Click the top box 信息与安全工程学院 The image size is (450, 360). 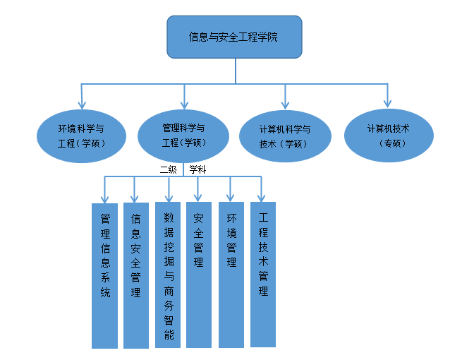235,37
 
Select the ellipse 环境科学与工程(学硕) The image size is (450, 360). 83,136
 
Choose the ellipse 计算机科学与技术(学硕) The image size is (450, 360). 285,136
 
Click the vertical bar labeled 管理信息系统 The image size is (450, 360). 104,275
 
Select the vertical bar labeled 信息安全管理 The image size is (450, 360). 135,275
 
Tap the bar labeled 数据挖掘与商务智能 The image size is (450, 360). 168,275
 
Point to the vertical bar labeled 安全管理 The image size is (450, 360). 199,275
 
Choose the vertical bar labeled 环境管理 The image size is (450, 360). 231,275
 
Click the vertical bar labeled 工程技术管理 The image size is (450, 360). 263,275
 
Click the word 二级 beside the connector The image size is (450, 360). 168,169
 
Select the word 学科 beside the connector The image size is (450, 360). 197,169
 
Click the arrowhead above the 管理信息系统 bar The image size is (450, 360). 104,197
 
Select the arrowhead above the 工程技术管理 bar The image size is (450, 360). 262,197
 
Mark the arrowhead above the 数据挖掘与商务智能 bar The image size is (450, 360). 168,197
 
